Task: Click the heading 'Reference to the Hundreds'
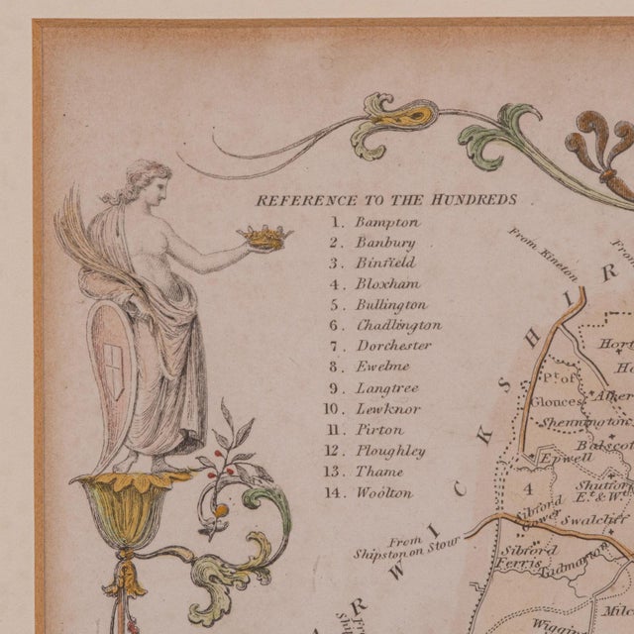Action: tap(386, 200)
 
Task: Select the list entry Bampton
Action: tap(387, 222)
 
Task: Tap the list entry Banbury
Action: tap(385, 243)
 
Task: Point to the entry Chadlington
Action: tap(398, 326)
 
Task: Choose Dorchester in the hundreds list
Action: tap(393, 347)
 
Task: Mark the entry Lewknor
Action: tap(387, 409)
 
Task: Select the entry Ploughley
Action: tap(390, 451)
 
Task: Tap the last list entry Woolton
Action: tap(384, 492)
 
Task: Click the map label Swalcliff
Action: tap(594, 517)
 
